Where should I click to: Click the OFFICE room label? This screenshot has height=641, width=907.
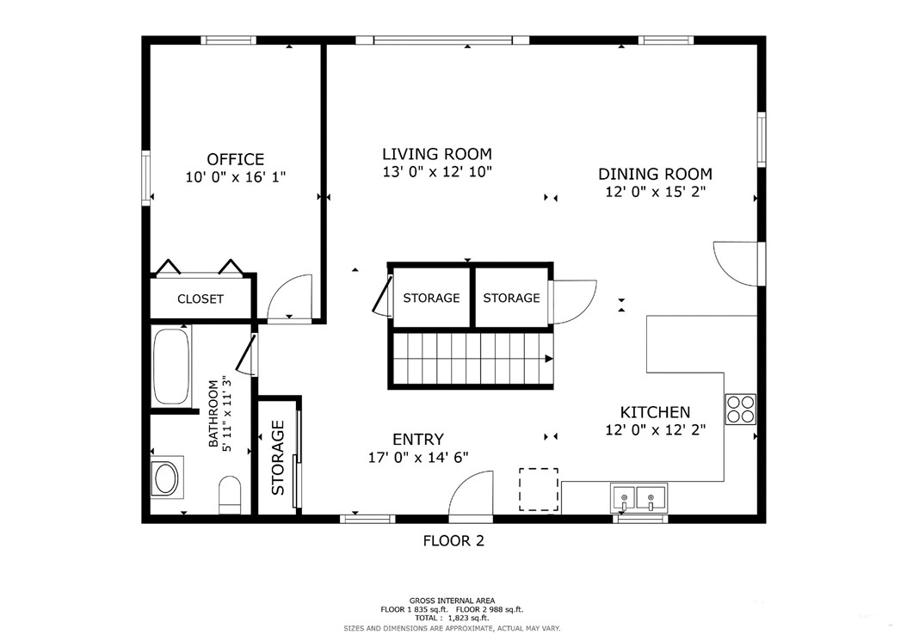click(x=235, y=159)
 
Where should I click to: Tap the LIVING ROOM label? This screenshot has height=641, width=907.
click(x=436, y=154)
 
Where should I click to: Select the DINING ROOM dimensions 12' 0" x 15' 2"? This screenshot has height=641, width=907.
click(x=655, y=193)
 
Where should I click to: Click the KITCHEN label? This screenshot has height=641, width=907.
click(x=655, y=412)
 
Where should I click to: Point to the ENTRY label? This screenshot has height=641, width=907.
click(x=418, y=440)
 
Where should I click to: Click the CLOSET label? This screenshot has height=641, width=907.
click(x=201, y=299)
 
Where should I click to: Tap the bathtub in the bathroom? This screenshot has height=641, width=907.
click(x=171, y=367)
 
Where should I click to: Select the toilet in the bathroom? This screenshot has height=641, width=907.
click(x=231, y=494)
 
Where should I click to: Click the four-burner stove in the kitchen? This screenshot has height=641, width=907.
click(x=740, y=409)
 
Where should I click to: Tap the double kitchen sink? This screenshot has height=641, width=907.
click(x=639, y=497)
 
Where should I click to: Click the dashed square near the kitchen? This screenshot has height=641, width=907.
click(x=538, y=490)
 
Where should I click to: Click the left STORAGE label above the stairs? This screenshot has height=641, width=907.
click(x=431, y=299)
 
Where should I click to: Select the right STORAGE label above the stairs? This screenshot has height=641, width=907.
click(x=511, y=299)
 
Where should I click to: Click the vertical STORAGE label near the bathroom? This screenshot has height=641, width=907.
click(x=278, y=458)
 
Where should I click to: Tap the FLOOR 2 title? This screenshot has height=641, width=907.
click(x=453, y=541)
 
